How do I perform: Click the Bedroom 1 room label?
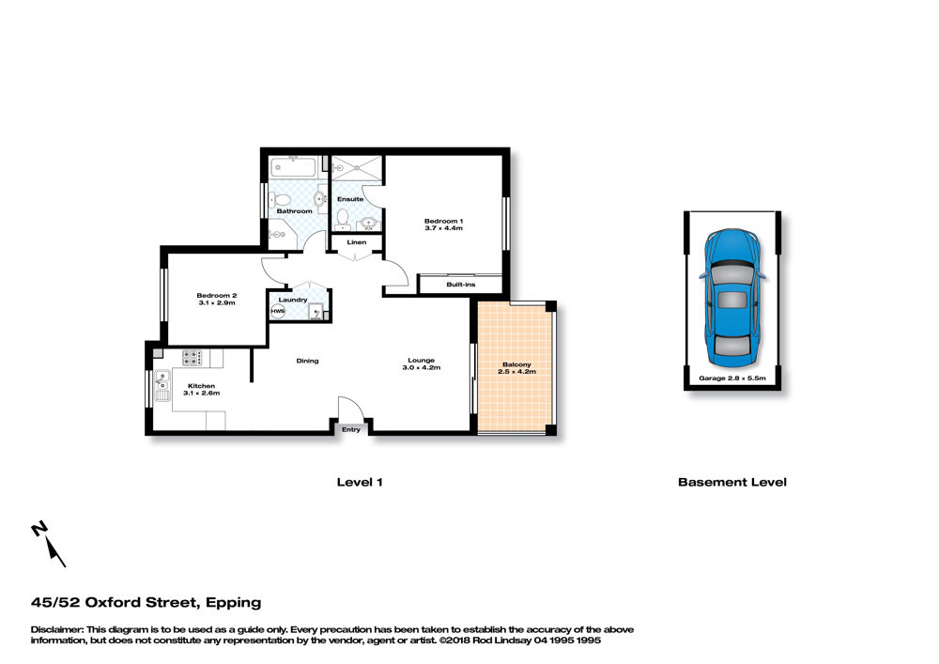coord(444,221)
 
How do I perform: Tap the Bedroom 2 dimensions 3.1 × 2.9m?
coord(217,303)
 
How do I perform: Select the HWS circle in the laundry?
coord(278,312)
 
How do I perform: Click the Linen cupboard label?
coord(356,242)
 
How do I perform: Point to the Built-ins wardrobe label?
coord(460,285)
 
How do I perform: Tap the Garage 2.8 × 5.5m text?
coord(731,378)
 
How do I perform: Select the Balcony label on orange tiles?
coord(516,364)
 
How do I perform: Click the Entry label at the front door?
coord(351,430)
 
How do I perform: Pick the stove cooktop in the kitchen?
coord(192,358)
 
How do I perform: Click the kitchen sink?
coord(162,386)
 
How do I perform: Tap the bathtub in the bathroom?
coord(292,167)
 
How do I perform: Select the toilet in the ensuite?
coord(343,219)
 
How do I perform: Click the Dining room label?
coord(307,361)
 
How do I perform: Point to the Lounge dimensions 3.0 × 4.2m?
coord(422,367)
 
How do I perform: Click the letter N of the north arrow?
coord(39,530)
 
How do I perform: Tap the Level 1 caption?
coord(360,483)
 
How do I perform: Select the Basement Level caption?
coord(731,483)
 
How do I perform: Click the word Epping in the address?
coord(234,603)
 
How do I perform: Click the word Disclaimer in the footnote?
coord(57,630)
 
